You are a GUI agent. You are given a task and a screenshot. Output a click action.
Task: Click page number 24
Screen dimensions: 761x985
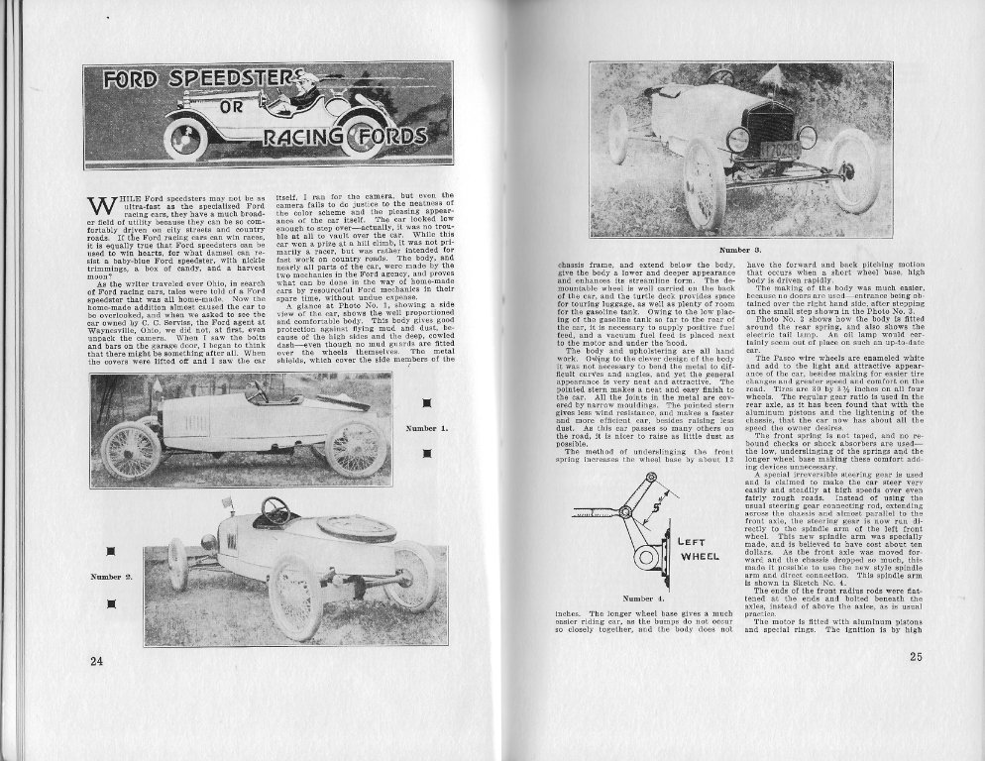pyautogui.click(x=96, y=662)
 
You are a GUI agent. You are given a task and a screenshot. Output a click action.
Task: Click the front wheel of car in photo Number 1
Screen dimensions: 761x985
pyautogui.click(x=130, y=451)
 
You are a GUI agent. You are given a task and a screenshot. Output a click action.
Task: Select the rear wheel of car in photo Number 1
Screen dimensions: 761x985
pyautogui.click(x=356, y=446)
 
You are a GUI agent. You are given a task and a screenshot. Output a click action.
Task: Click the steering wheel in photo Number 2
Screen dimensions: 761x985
pyautogui.click(x=274, y=510)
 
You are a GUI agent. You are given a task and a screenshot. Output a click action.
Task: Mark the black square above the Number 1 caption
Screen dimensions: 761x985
pyautogui.click(x=427, y=402)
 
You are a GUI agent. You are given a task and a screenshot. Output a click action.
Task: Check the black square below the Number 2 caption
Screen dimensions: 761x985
pyautogui.click(x=112, y=603)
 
